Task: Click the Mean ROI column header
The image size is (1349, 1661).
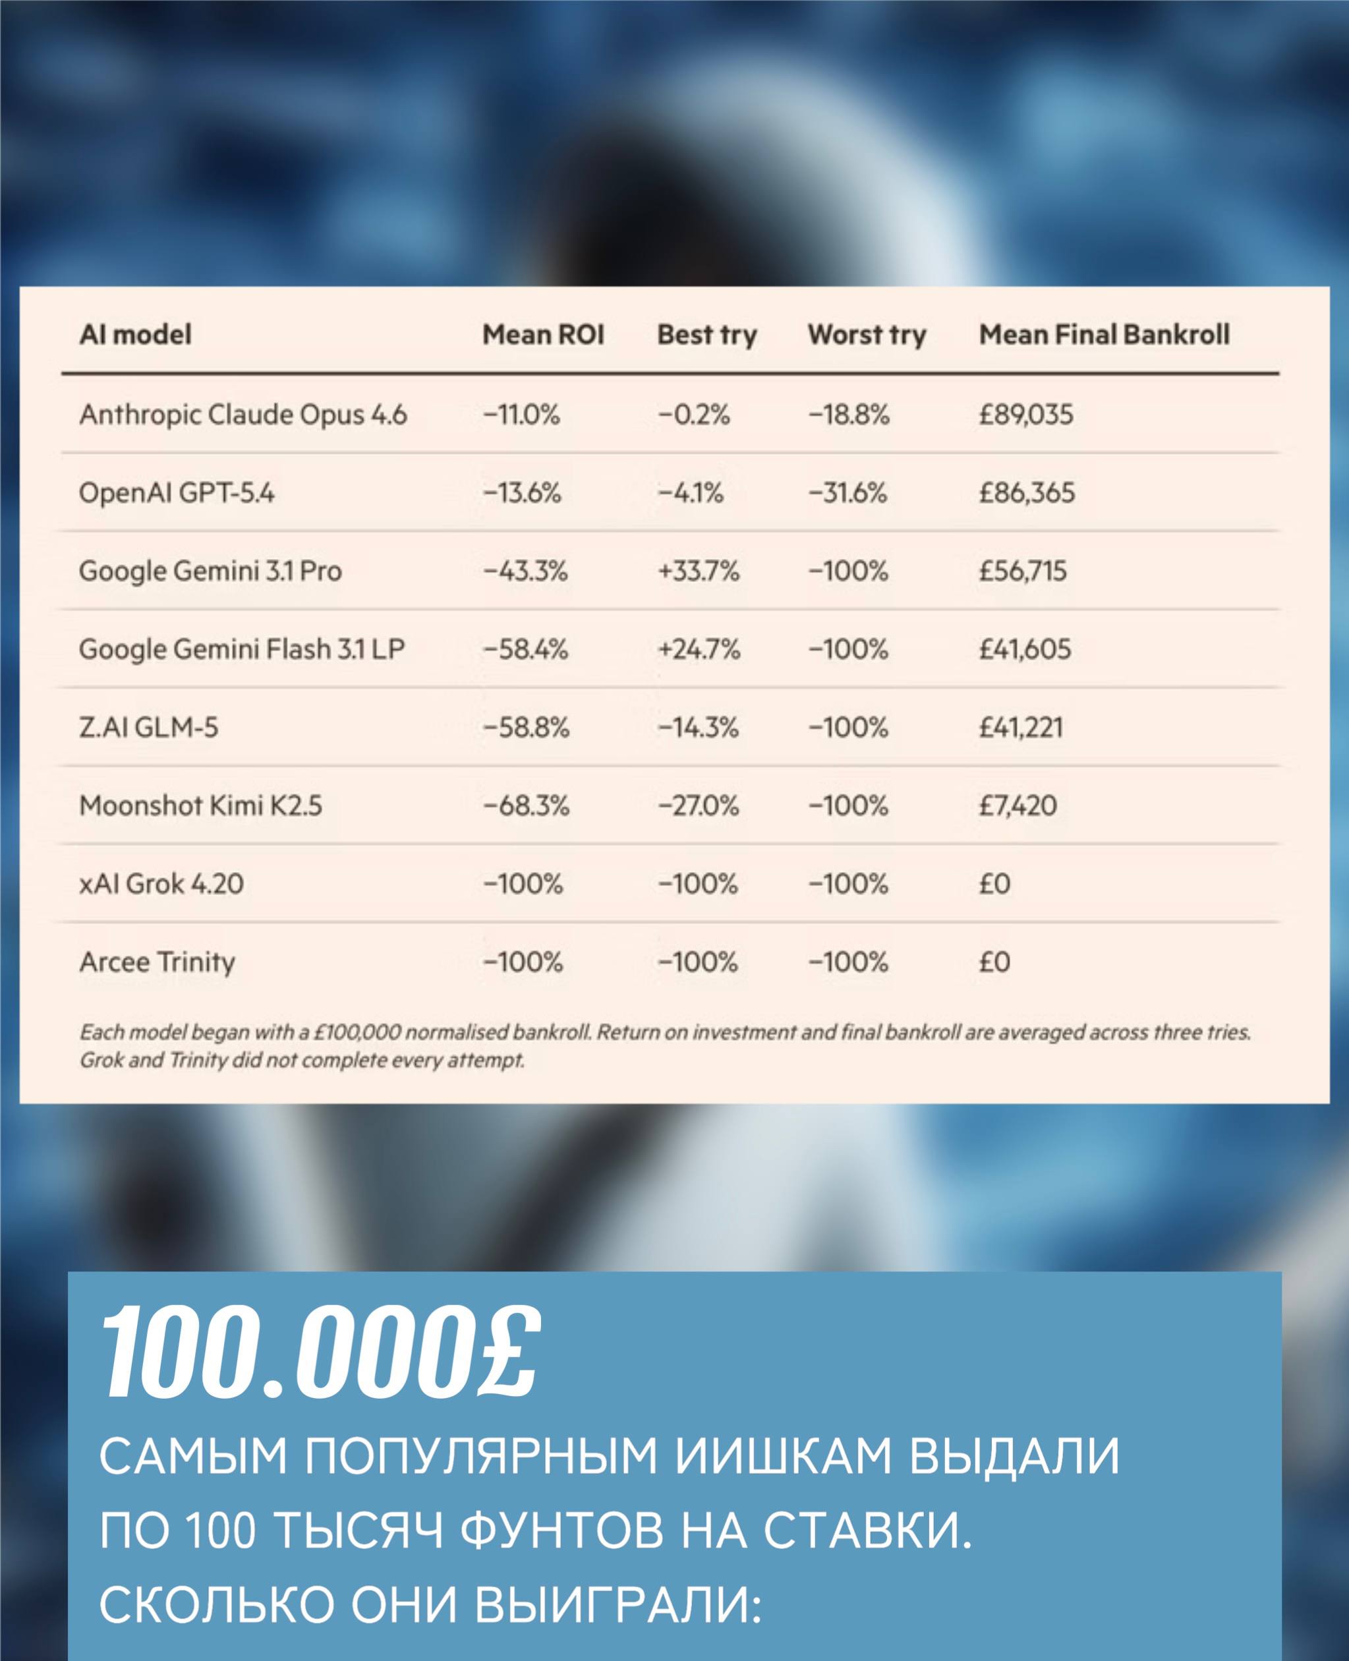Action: point(542,335)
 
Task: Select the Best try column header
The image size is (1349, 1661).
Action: point(706,335)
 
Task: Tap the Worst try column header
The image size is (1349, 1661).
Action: point(867,335)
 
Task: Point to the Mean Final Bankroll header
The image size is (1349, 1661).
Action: point(1103,335)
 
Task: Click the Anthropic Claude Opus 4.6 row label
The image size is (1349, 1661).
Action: point(243,415)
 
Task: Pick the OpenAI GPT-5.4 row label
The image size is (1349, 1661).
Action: point(177,493)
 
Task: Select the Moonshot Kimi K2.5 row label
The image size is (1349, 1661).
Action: point(200,805)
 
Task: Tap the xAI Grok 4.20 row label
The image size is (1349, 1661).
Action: point(161,884)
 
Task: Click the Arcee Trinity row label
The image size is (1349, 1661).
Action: point(157,962)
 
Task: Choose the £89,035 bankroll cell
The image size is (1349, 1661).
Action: point(1025,415)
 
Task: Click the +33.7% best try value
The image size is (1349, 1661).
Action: point(699,571)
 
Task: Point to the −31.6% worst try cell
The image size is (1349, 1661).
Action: point(847,493)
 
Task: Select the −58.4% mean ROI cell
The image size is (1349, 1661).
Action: point(525,649)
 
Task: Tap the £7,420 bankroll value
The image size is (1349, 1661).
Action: point(1018,805)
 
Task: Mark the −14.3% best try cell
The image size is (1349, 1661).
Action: point(698,728)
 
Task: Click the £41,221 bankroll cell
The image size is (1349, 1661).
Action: point(1020,728)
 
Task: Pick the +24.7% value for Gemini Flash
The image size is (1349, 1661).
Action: point(699,649)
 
